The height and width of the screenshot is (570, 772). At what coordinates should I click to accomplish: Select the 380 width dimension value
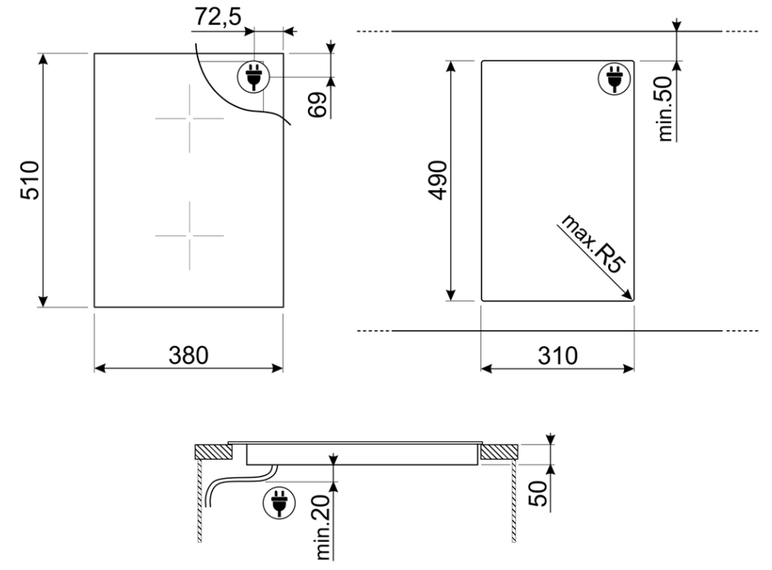coord(189,355)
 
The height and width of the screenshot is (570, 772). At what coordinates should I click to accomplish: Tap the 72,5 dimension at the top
coord(221,16)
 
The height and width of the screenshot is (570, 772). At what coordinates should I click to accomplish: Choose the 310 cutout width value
coord(557,355)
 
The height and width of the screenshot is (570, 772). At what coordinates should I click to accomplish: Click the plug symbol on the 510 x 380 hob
coord(254,78)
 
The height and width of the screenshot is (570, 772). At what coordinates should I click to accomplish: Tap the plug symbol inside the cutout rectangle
coord(614,78)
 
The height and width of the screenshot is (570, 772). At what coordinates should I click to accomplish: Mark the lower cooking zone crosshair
coord(189,235)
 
